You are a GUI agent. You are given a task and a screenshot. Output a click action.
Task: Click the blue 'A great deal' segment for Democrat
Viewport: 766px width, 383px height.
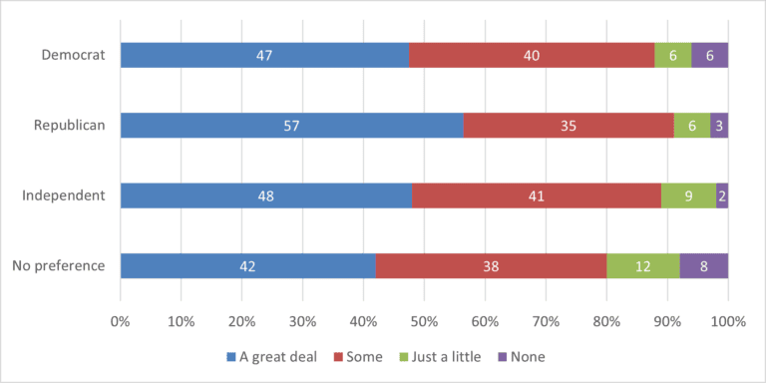click(x=264, y=55)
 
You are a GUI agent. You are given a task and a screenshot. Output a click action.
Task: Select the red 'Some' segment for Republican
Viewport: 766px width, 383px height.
click(x=569, y=125)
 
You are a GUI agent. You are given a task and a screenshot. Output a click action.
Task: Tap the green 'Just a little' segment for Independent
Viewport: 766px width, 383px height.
click(x=688, y=195)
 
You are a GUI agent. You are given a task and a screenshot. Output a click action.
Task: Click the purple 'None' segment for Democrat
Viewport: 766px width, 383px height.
click(x=709, y=55)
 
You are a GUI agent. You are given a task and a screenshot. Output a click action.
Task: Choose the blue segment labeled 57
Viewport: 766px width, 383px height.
click(x=292, y=125)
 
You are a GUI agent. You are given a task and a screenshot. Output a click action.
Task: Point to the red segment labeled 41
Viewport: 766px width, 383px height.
click(x=537, y=195)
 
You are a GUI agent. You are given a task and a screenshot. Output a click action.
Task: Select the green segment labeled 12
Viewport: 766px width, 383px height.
click(x=642, y=266)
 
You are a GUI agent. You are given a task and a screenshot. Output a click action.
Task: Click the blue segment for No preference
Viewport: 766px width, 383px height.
click(x=248, y=266)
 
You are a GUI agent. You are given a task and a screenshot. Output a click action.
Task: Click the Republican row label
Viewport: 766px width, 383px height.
click(x=70, y=125)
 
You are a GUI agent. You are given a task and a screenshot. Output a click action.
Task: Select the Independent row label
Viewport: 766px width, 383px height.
click(x=64, y=195)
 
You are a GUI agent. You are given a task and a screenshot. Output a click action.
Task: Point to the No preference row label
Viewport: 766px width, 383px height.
click(x=59, y=266)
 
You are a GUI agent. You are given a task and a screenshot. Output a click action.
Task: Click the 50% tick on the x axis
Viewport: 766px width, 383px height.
click(x=424, y=321)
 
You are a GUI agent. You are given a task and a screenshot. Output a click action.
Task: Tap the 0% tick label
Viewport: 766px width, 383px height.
click(x=121, y=321)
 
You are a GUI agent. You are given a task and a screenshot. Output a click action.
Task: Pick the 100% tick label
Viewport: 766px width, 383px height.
click(x=728, y=321)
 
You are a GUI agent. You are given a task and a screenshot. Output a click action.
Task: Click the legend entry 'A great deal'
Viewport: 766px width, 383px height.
click(x=276, y=356)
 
